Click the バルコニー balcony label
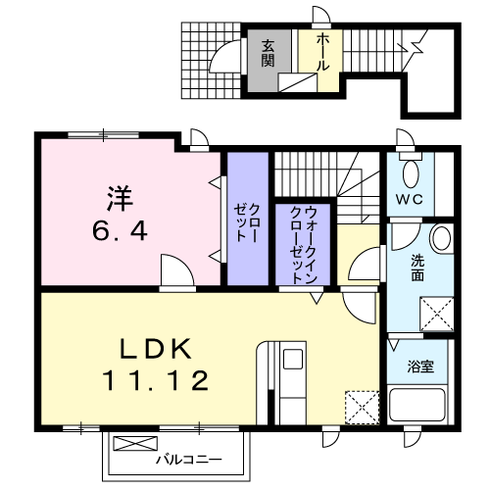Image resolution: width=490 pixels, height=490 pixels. (188, 459)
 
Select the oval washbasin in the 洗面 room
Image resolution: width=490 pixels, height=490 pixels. (440, 238)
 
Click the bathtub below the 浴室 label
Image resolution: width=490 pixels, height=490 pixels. (419, 407)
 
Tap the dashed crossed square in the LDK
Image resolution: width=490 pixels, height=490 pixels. (361, 407)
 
